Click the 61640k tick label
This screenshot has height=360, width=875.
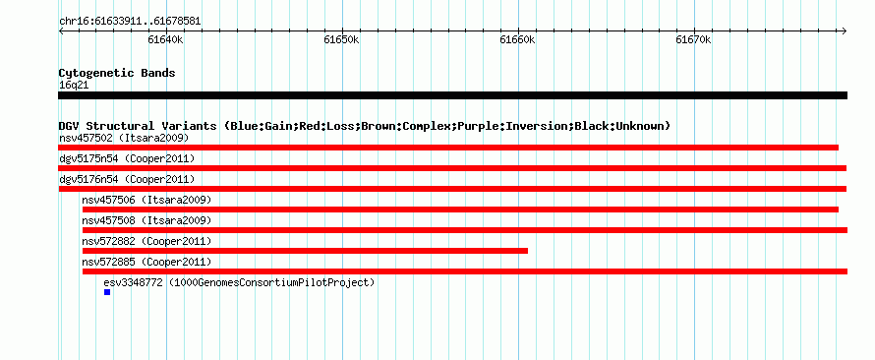click(x=166, y=39)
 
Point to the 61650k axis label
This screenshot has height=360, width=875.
click(x=341, y=39)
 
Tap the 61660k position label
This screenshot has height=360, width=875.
click(x=517, y=39)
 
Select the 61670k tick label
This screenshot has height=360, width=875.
click(x=694, y=39)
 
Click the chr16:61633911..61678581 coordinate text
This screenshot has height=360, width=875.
click(x=130, y=22)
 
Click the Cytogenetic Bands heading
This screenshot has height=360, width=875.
click(x=117, y=73)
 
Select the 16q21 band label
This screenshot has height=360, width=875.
click(x=74, y=86)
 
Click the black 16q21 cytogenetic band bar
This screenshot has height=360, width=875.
click(x=452, y=95)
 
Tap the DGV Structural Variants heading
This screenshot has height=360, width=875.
click(x=365, y=126)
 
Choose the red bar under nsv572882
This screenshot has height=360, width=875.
click(x=305, y=251)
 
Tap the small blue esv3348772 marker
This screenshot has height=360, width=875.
click(x=107, y=292)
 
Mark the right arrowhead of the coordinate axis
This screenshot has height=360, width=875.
click(x=845, y=30)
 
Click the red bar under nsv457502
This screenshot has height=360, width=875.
click(x=448, y=148)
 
